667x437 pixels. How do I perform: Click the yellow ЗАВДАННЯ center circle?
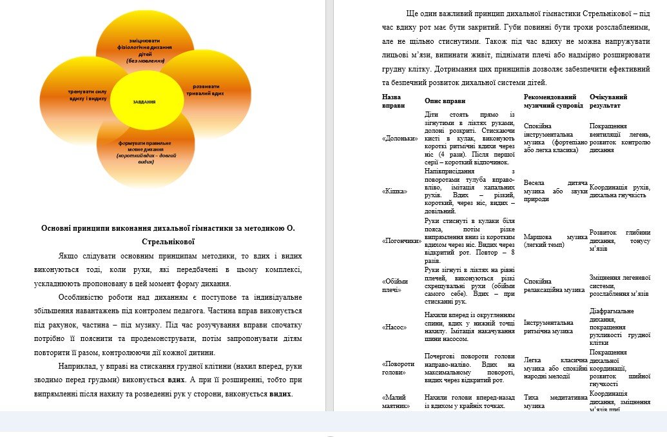144,102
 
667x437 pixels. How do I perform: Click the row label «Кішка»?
393,191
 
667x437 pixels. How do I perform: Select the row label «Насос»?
394,327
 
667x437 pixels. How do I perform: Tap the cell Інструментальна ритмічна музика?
548,327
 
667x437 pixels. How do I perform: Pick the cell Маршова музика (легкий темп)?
555,240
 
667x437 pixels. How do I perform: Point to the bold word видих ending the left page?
280,394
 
